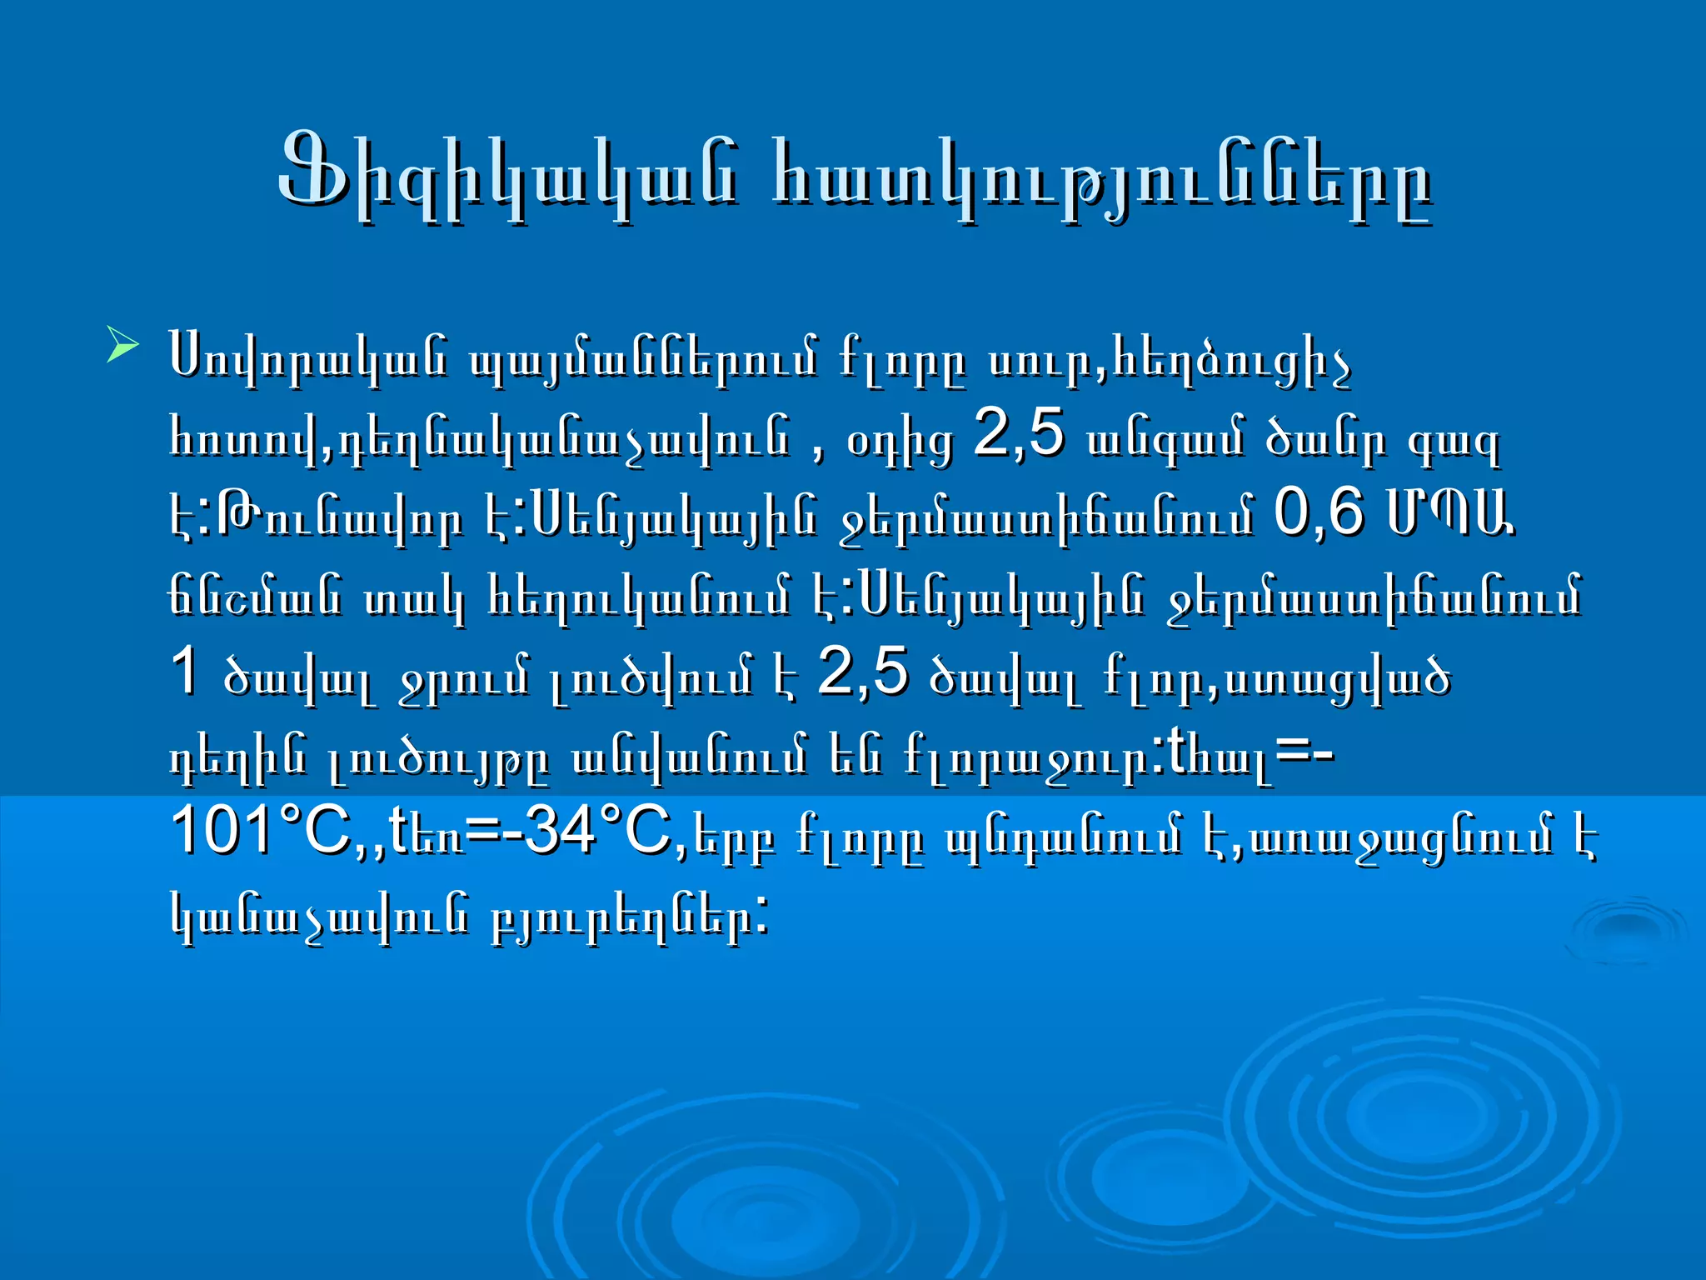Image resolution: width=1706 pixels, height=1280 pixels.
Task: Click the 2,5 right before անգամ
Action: click(x=1019, y=433)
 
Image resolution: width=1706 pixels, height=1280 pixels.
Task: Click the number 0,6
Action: click(x=1319, y=512)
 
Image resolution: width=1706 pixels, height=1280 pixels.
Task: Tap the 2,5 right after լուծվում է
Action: click(x=862, y=672)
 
